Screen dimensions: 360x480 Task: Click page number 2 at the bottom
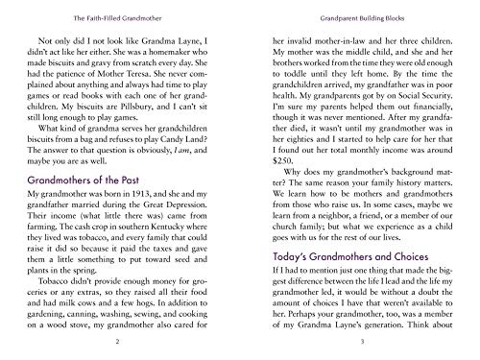click(116, 341)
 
